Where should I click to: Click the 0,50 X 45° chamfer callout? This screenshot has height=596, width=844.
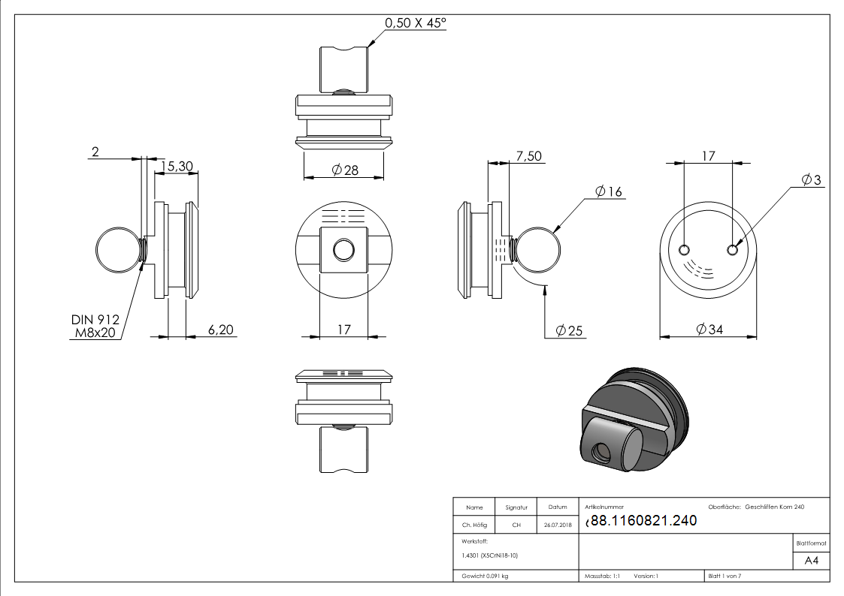[416, 23]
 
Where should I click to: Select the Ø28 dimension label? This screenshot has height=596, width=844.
[345, 170]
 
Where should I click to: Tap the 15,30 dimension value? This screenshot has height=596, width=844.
[177, 165]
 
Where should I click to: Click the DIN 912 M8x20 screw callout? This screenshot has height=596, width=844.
[95, 327]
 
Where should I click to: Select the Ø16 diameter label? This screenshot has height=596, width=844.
[608, 191]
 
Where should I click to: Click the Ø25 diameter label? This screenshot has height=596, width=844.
[570, 330]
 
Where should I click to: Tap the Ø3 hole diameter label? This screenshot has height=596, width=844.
[811, 180]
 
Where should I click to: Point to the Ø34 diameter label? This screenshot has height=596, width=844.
[709, 329]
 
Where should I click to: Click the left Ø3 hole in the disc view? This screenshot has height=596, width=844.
[685, 250]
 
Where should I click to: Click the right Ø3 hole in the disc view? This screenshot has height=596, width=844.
[734, 250]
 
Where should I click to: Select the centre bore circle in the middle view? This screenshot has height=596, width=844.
[344, 249]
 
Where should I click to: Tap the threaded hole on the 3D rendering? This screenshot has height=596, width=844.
[600, 453]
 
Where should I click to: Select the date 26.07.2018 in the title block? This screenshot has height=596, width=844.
[557, 525]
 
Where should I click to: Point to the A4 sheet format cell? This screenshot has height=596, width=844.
[812, 561]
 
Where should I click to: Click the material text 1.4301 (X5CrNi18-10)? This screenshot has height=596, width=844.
[490, 555]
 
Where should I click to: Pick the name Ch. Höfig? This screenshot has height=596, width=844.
[474, 525]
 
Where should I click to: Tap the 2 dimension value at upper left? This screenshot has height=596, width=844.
[95, 152]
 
